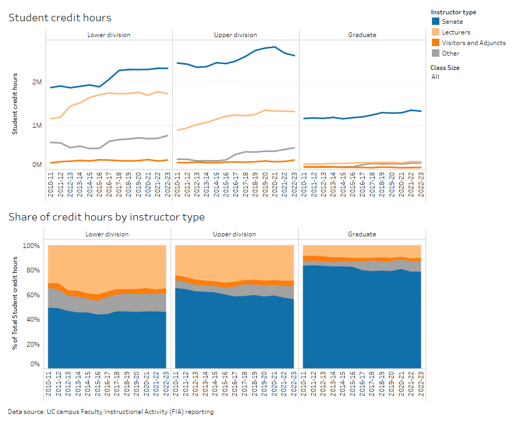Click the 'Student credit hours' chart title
click(x=60, y=18)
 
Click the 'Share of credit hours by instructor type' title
click(x=106, y=217)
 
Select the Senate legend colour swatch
click(x=435, y=22)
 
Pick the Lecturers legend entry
click(x=456, y=32)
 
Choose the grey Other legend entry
click(x=450, y=54)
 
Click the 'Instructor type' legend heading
click(x=453, y=12)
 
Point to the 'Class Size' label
click(x=445, y=68)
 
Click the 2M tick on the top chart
click(x=37, y=82)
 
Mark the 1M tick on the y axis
click(x=37, y=126)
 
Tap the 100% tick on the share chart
click(x=31, y=246)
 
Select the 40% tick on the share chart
click(x=33, y=320)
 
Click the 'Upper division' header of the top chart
click(x=235, y=35)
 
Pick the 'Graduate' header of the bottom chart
click(x=362, y=234)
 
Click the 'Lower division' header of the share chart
click(x=109, y=234)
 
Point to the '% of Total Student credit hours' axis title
click(x=15, y=302)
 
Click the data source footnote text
click(x=111, y=412)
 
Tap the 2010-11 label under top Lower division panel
click(x=50, y=186)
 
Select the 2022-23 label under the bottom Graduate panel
click(x=421, y=385)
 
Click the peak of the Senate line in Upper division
click(x=274, y=47)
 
